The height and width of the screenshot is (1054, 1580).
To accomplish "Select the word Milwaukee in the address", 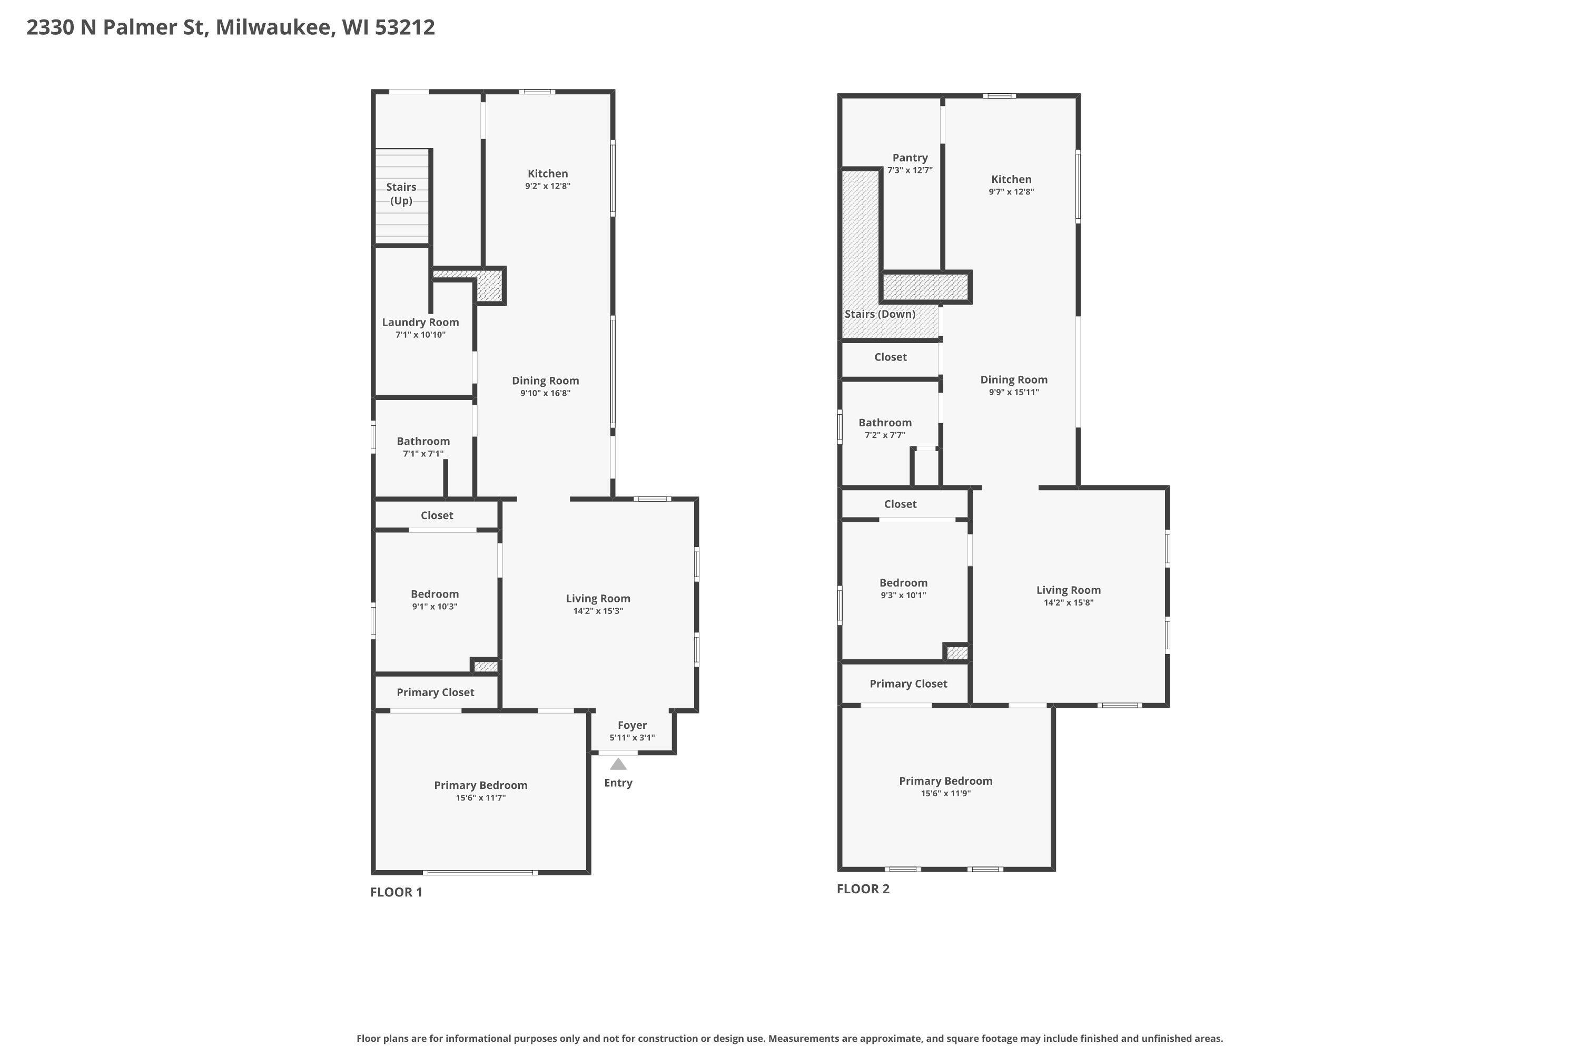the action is [x=275, y=27].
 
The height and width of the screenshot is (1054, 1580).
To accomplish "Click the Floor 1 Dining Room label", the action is [x=546, y=380].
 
